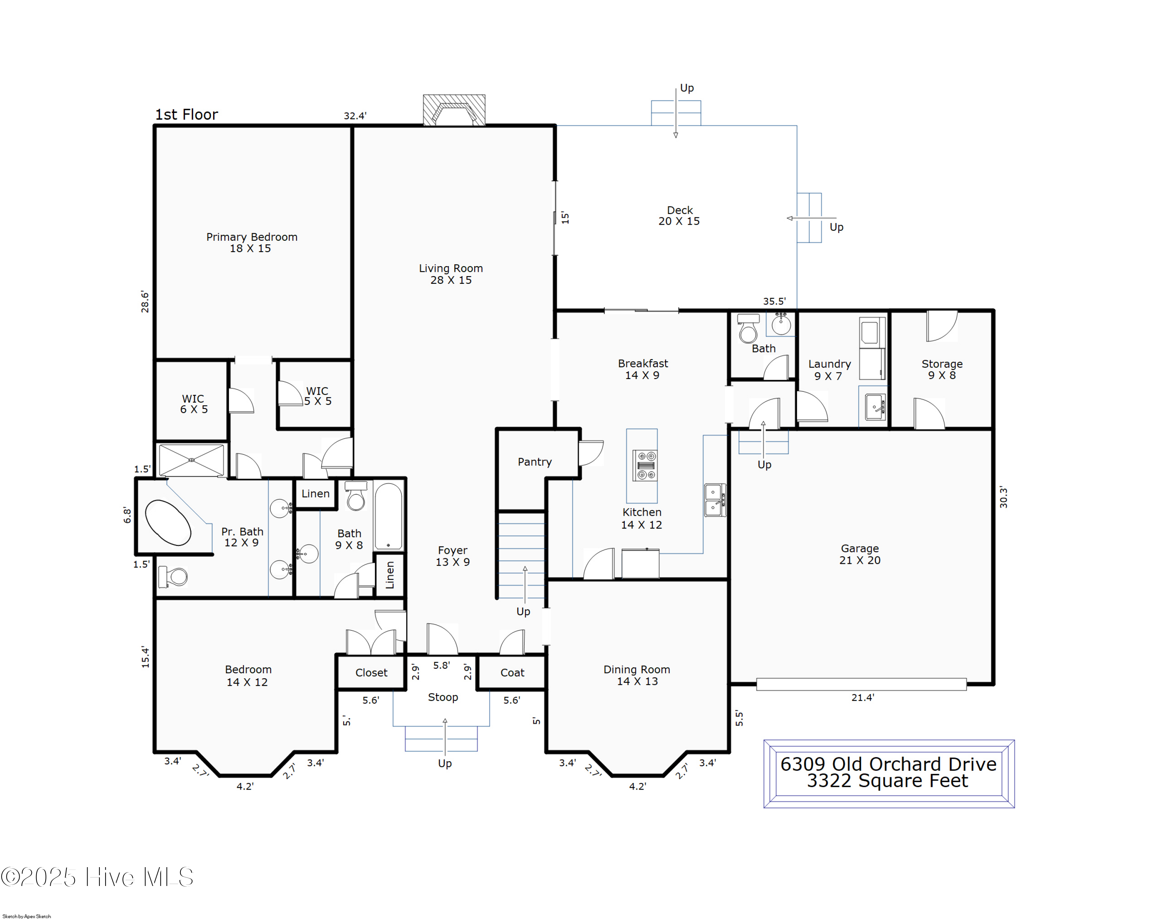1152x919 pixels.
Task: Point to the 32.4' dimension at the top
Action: click(355, 116)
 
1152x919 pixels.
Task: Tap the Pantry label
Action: click(534, 462)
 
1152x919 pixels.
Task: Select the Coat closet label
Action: click(512, 673)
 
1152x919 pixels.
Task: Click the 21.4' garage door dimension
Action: click(862, 697)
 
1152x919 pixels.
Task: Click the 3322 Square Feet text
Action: click(887, 781)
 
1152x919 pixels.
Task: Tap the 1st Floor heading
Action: click(187, 114)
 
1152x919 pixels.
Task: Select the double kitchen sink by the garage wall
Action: click(714, 500)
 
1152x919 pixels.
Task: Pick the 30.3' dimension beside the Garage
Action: click(1003, 497)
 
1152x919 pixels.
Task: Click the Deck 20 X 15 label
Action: click(679, 215)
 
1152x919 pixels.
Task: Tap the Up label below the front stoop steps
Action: click(445, 763)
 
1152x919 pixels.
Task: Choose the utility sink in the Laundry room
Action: click(875, 407)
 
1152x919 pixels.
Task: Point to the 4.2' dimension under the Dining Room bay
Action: click(637, 786)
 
